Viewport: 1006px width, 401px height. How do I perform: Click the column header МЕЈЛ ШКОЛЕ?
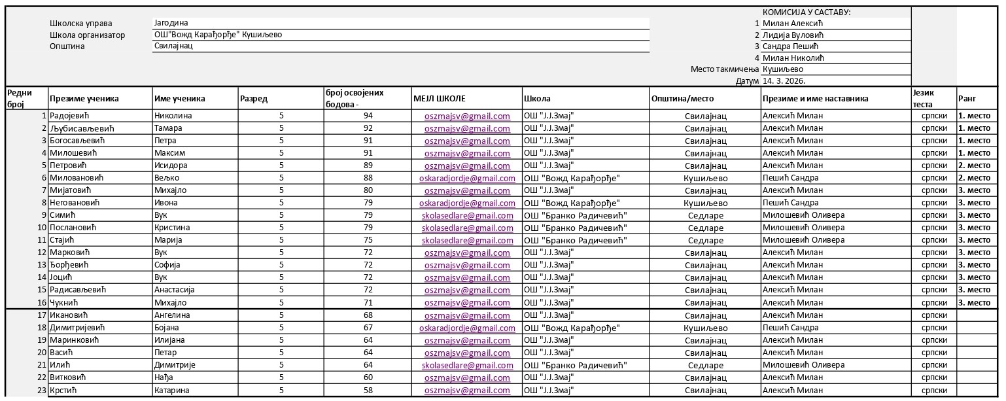click(x=439, y=99)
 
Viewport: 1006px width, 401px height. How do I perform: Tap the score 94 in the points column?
click(x=368, y=116)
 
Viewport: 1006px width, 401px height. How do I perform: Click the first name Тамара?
click(x=168, y=129)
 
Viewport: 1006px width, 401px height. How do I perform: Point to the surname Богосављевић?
click(x=77, y=141)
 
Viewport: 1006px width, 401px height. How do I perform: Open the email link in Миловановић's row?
click(x=467, y=178)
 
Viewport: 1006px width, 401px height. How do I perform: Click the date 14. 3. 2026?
click(x=784, y=81)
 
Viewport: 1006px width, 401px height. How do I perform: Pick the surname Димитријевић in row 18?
click(x=77, y=327)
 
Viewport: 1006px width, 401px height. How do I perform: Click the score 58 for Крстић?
click(x=368, y=391)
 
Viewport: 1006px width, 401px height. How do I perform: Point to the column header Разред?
click(x=253, y=99)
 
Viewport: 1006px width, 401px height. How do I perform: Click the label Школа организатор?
click(x=87, y=35)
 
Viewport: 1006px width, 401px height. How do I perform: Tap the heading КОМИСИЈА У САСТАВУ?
click(x=806, y=12)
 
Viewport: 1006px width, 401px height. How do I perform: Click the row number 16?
click(x=42, y=303)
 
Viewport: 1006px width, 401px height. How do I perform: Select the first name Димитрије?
click(x=175, y=365)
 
